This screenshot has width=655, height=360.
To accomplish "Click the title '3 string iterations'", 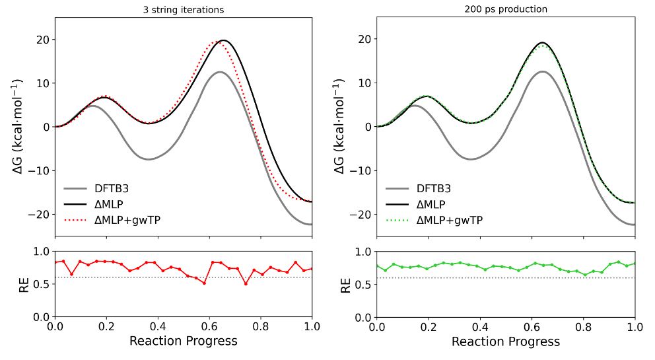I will pyautogui.click(x=184, y=10).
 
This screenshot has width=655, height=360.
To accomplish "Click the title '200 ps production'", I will pyautogui.click(x=505, y=10).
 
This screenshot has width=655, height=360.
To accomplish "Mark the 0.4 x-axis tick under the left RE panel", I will pyautogui.click(x=158, y=326).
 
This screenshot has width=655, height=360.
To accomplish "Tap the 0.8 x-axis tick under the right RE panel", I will pyautogui.click(x=582, y=326).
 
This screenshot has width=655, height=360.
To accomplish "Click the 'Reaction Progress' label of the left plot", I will pyautogui.click(x=184, y=341).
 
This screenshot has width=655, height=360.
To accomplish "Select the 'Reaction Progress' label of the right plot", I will pyautogui.click(x=505, y=341).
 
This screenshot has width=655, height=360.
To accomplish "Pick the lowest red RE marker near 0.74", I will pyautogui.click(x=246, y=284).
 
